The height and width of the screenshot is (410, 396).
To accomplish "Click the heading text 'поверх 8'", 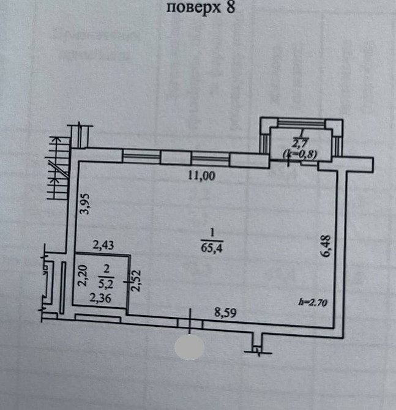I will pos(200,8).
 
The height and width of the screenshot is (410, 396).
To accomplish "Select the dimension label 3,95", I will pos(86,204).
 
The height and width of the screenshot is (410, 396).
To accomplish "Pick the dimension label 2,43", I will pos(103,245).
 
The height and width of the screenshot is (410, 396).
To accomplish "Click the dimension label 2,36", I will pos(100,299).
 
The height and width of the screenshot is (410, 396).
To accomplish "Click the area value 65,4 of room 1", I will pos(211,247).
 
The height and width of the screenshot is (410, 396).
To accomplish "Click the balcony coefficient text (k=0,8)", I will pos(300,154).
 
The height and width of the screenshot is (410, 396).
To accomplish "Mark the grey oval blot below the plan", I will pos(189,347).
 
